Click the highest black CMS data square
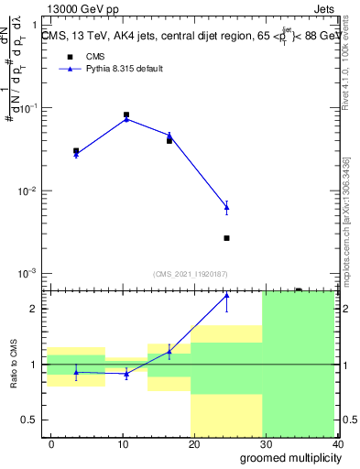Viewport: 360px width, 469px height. (x=126, y=115)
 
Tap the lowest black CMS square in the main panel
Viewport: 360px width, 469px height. (x=226, y=238)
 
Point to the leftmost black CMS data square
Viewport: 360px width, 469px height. (x=76, y=150)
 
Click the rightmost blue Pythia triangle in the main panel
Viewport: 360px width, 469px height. (x=226, y=208)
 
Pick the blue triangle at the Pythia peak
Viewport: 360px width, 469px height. (x=126, y=118)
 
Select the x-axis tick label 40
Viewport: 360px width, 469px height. (x=337, y=443)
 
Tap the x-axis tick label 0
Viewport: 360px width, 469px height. (x=51, y=443)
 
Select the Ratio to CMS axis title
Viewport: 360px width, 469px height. (x=13, y=365)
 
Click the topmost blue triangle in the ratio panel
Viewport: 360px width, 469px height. (x=226, y=296)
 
